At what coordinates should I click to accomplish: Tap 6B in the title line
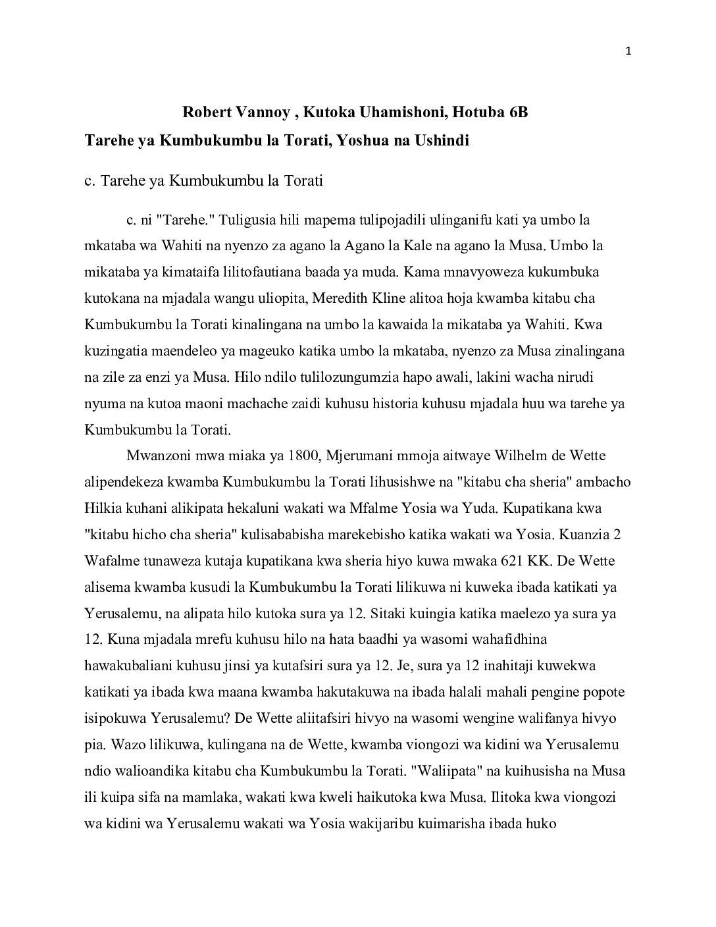(x=517, y=113)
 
